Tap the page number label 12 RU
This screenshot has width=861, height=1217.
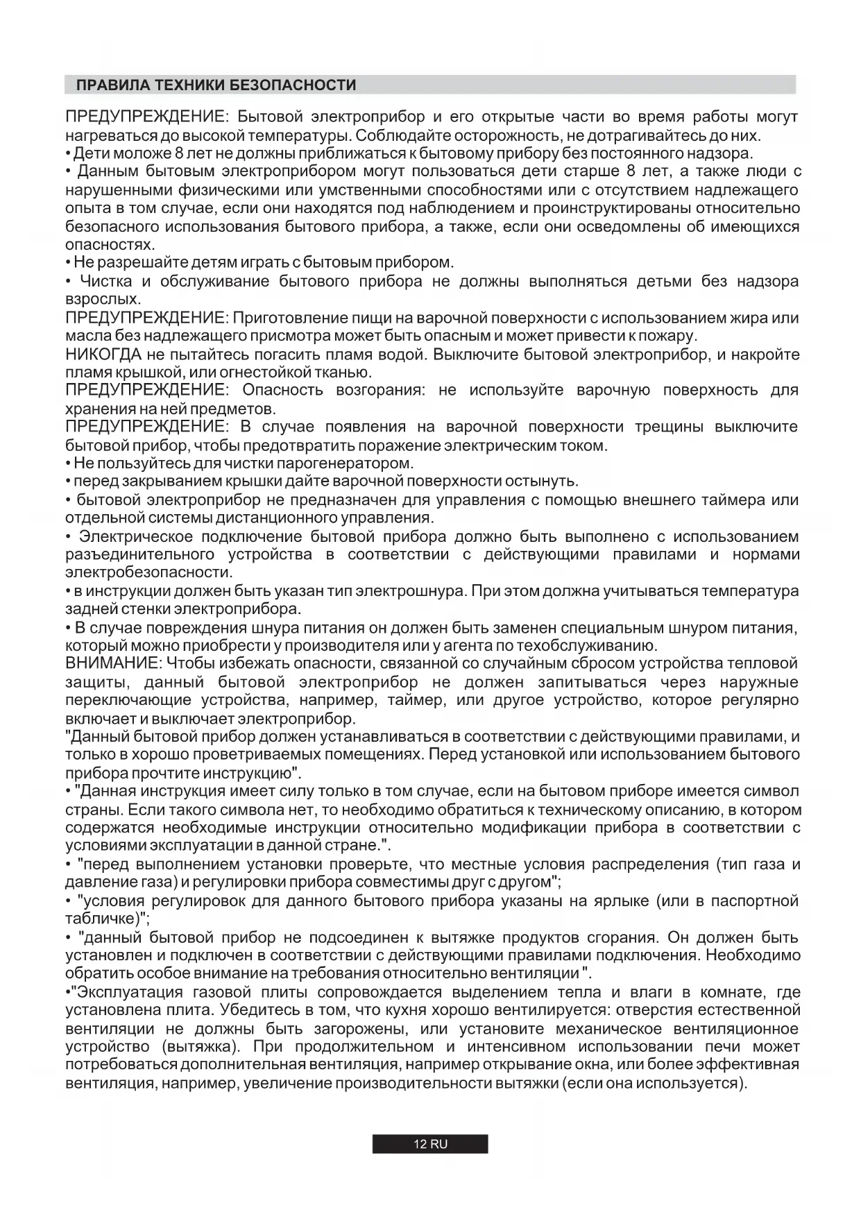(x=430, y=1144)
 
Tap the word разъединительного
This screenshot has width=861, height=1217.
(x=139, y=554)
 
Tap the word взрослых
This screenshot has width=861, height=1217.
(x=103, y=300)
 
